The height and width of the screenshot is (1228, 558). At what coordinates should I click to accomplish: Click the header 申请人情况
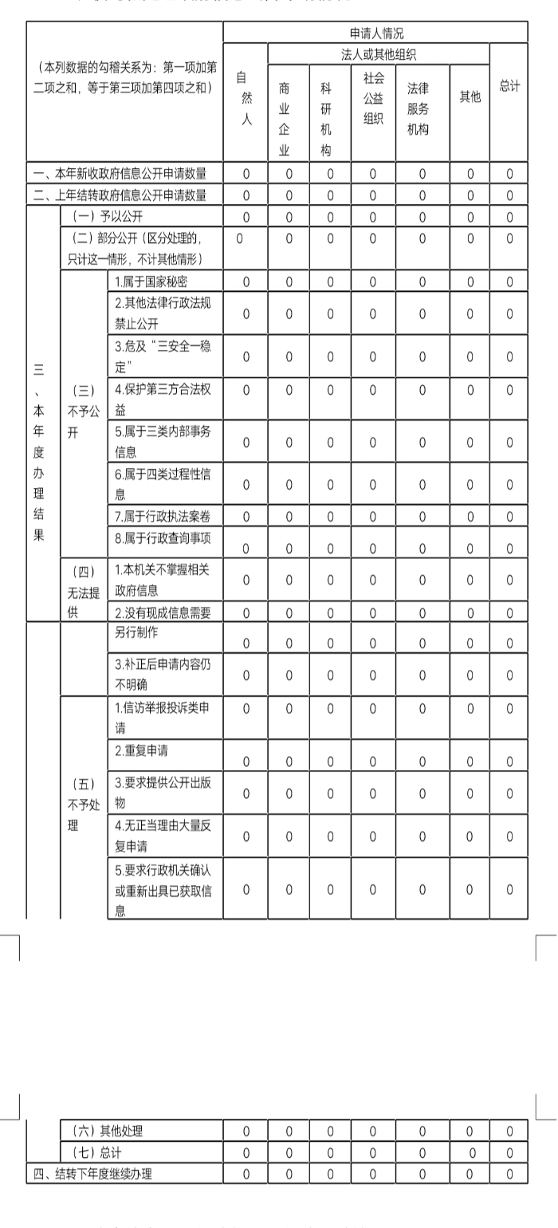[375, 33]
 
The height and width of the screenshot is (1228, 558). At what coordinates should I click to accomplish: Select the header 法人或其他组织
[379, 54]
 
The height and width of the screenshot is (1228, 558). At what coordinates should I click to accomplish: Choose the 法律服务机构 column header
[422, 108]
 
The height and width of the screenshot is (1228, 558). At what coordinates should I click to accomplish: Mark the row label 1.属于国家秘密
[151, 281]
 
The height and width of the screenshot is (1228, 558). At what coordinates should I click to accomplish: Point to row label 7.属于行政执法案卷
[163, 517]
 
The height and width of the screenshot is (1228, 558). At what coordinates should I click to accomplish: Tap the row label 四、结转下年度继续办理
[92, 1174]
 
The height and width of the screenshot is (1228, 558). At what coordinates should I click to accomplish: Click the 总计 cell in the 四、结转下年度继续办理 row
[509, 1174]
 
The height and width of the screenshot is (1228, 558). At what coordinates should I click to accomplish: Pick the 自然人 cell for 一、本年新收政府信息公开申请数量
[246, 173]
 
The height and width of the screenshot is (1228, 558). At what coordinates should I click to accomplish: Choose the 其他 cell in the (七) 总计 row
[470, 1152]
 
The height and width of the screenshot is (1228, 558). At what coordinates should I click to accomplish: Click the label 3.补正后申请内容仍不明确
[163, 674]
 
